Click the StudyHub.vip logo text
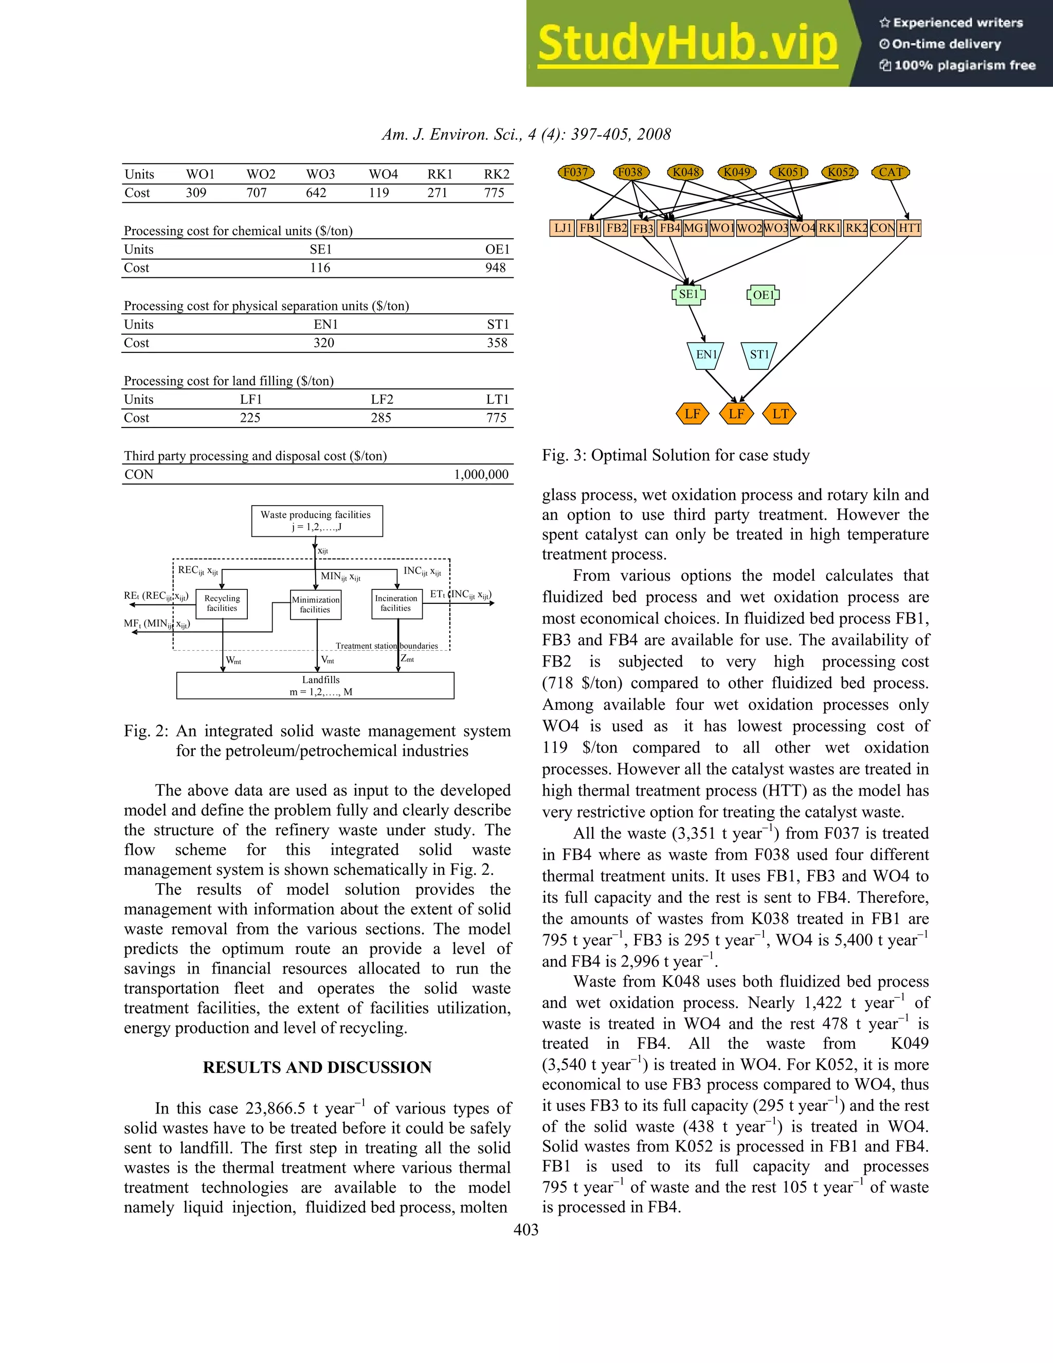(x=687, y=44)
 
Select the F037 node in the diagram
(x=575, y=172)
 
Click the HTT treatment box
(x=909, y=228)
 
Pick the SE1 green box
(x=688, y=295)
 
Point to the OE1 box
(x=763, y=295)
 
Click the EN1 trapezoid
(x=705, y=354)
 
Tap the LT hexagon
(x=780, y=414)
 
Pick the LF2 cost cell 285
(x=381, y=418)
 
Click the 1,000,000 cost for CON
(x=481, y=474)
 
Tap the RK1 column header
(x=439, y=174)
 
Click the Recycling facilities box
(x=222, y=603)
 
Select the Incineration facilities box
(x=396, y=603)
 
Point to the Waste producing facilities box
(x=317, y=521)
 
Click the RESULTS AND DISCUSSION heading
(x=317, y=1067)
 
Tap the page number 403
(x=526, y=1229)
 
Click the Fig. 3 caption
(x=676, y=455)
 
